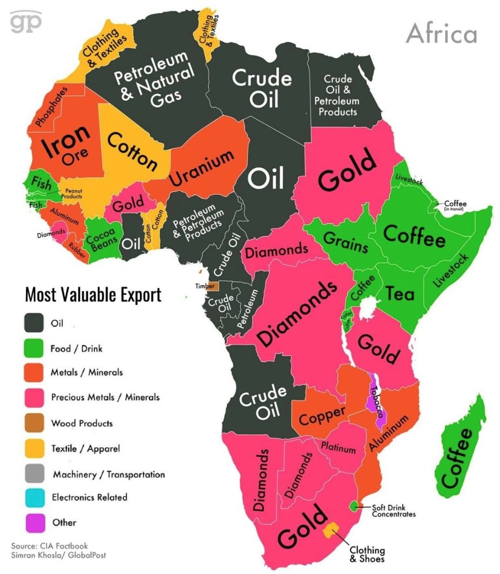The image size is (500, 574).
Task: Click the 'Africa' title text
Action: point(441,33)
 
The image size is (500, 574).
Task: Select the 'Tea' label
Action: point(400,293)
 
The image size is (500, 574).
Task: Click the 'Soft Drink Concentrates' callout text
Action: point(394,510)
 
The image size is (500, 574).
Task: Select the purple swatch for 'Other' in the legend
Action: point(33,522)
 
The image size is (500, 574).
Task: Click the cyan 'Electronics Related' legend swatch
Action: point(33,497)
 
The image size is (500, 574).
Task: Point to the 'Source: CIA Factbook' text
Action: point(49,545)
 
